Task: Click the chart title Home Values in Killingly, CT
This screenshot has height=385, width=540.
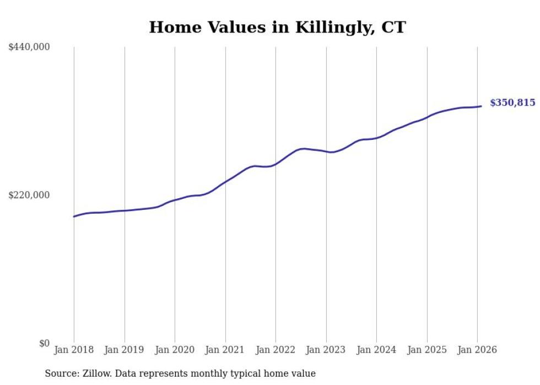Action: (x=277, y=27)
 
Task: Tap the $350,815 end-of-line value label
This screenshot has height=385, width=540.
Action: (x=512, y=102)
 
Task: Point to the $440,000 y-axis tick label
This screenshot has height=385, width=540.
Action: (x=29, y=47)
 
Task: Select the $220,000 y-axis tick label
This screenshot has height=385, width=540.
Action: (x=29, y=195)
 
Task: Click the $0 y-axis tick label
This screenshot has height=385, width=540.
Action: (x=44, y=343)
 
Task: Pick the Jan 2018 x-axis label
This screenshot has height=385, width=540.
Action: (x=74, y=350)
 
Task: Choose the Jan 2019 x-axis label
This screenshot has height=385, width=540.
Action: (x=124, y=350)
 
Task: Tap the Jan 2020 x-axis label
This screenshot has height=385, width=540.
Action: (x=175, y=350)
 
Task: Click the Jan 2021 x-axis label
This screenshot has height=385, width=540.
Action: (x=225, y=350)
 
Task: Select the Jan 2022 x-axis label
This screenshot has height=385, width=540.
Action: (x=276, y=350)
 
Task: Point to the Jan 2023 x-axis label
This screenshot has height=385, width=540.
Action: (x=326, y=350)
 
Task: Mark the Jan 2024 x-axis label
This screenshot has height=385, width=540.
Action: (x=376, y=350)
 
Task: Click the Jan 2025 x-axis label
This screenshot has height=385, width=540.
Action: (x=427, y=350)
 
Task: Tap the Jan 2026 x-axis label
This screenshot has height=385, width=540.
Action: (x=477, y=350)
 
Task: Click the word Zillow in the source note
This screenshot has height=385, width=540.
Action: (x=93, y=373)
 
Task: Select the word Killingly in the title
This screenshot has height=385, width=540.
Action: (x=328, y=28)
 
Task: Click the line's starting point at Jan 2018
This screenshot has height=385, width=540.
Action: (x=74, y=216)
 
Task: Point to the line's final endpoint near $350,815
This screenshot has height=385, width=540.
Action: (x=482, y=106)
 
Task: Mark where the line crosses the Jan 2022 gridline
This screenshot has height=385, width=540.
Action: (x=276, y=164)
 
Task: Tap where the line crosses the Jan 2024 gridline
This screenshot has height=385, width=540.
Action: (x=376, y=138)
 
